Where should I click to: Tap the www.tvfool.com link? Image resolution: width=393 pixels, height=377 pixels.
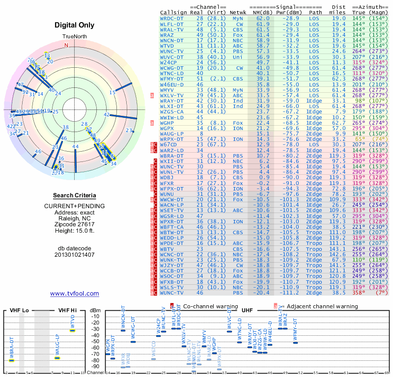(x=75, y=294)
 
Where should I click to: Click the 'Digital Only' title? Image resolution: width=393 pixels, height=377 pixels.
(x=75, y=25)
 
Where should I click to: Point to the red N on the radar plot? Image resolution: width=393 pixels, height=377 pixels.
(x=66, y=45)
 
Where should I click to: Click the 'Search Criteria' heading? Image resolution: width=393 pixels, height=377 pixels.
(x=75, y=195)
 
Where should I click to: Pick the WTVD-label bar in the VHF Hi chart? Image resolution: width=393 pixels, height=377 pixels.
(x=72, y=330)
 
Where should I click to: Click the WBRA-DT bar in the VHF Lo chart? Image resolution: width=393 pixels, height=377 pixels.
(x=11, y=360)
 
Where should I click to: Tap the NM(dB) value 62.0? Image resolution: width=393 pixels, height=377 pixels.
(x=262, y=18)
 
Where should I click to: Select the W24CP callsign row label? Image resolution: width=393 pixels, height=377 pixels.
(x=168, y=62)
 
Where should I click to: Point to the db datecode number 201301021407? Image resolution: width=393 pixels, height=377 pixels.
(x=75, y=255)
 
